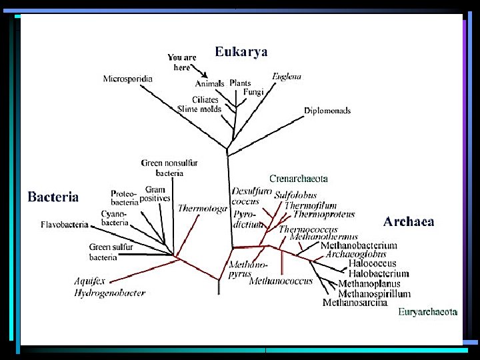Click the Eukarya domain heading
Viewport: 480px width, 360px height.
pos(241,52)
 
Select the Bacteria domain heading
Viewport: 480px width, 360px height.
pos(53,197)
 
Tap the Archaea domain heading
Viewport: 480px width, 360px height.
pos(409,221)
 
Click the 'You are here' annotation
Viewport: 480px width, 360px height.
pos(182,62)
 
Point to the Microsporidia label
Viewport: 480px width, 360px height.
pos(127,79)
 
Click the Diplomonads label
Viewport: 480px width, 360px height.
pos(327,110)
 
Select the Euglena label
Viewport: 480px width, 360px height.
pos(287,76)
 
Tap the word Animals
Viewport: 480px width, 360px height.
pos(209,84)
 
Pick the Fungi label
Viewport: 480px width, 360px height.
pos(253,92)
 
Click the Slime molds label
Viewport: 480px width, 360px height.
pos(199,109)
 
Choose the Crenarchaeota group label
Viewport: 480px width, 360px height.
pos(298,179)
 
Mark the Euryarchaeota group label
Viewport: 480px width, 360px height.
pos(427,311)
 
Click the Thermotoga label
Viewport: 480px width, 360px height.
pos(202,209)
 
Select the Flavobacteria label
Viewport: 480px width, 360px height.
pos(64,225)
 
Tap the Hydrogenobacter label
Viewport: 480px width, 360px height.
pos(109,293)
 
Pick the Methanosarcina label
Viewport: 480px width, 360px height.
pos(355,303)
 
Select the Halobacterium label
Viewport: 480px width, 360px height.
pos(379,273)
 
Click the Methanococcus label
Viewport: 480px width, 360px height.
pos(281,281)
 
